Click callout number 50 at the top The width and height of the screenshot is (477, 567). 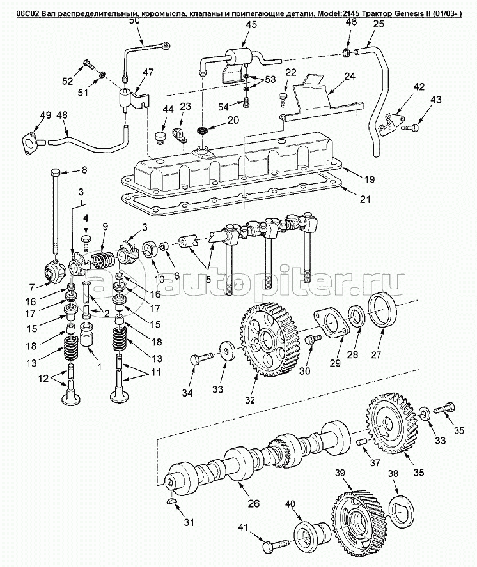pos(134,20)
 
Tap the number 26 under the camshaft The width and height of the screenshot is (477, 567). pos(253,503)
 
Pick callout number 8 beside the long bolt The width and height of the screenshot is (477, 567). pos(81,170)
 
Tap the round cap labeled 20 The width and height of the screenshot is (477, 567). pos(203,131)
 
